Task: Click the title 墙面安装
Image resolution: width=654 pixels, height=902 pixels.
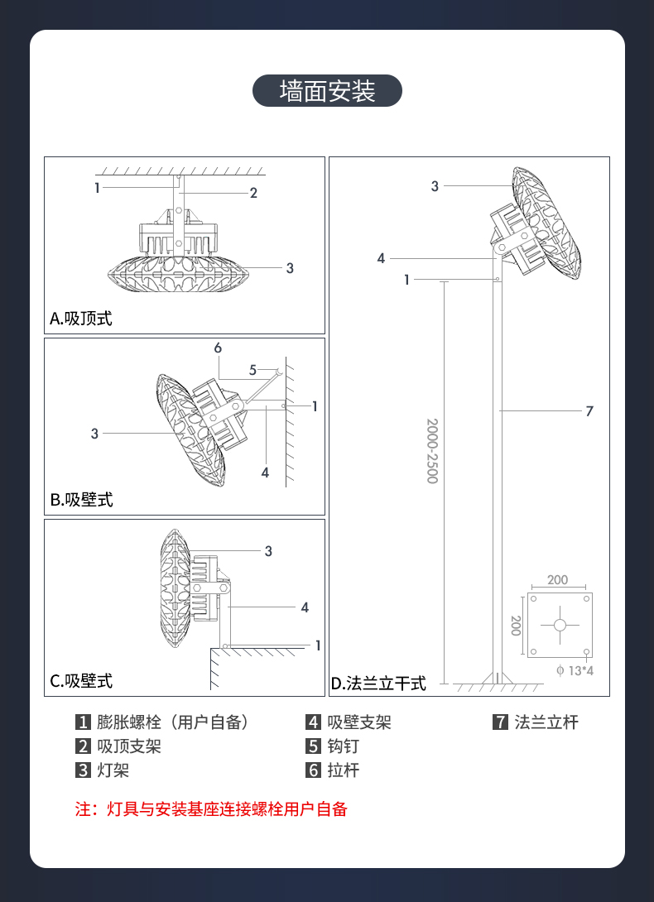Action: (327, 90)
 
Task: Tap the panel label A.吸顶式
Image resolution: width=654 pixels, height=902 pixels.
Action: (81, 318)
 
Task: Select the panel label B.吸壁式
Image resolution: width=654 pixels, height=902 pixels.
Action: (81, 500)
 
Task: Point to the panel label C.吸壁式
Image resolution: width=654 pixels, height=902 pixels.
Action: (81, 681)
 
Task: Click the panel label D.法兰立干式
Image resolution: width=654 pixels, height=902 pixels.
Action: (378, 683)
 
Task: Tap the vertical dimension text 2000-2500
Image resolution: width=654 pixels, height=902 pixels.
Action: (432, 451)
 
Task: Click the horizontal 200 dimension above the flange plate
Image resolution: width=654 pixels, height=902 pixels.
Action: (558, 579)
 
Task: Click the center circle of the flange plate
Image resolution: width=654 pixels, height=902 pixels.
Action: (560, 625)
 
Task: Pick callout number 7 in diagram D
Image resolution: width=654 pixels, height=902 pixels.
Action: (589, 410)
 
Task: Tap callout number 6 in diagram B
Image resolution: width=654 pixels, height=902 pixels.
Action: (218, 348)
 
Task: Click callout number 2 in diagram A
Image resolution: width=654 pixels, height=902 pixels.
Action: (254, 194)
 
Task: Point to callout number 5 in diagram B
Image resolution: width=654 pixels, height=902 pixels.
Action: (253, 369)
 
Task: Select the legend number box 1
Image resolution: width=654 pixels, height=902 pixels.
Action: (83, 722)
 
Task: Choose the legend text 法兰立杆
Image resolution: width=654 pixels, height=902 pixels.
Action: (546, 722)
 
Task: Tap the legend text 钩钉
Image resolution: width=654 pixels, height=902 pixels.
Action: (344, 746)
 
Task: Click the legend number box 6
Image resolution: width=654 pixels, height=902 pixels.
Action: (313, 770)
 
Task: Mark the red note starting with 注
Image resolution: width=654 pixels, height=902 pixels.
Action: (211, 809)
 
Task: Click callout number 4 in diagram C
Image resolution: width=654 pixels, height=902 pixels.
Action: (305, 607)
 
